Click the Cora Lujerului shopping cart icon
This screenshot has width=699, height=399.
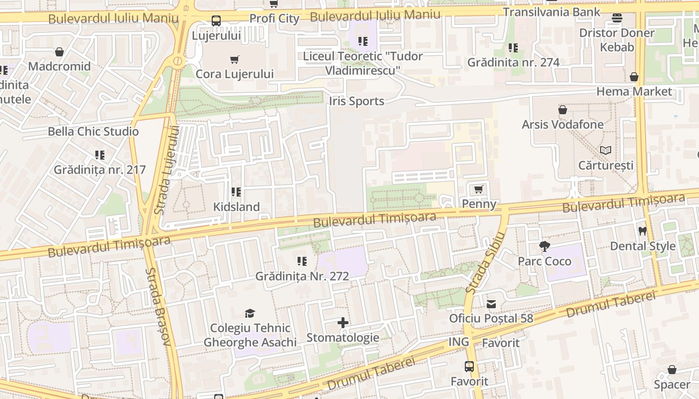(235, 60)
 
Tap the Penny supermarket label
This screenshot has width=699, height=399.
(479, 203)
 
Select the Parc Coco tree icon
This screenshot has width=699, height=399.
(544, 246)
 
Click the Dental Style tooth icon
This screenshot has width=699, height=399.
(643, 231)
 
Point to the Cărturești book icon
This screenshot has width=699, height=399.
(606, 150)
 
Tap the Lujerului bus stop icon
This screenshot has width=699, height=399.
(216, 21)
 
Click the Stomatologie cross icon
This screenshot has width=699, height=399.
(343, 323)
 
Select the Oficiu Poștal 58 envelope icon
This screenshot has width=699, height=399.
(491, 304)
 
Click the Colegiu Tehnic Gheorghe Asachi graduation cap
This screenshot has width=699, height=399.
(250, 313)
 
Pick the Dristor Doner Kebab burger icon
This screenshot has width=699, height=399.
(617, 18)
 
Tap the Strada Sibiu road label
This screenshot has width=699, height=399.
(485, 262)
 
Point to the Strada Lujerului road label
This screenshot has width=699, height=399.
(167, 170)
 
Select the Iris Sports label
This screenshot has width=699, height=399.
(356, 101)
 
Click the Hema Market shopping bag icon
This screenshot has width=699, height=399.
(634, 77)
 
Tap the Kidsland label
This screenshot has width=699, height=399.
(236, 207)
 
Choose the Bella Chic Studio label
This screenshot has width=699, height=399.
(93, 132)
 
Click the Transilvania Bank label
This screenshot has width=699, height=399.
(551, 11)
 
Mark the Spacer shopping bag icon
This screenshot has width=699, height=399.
(672, 370)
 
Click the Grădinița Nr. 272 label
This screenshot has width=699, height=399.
(302, 276)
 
